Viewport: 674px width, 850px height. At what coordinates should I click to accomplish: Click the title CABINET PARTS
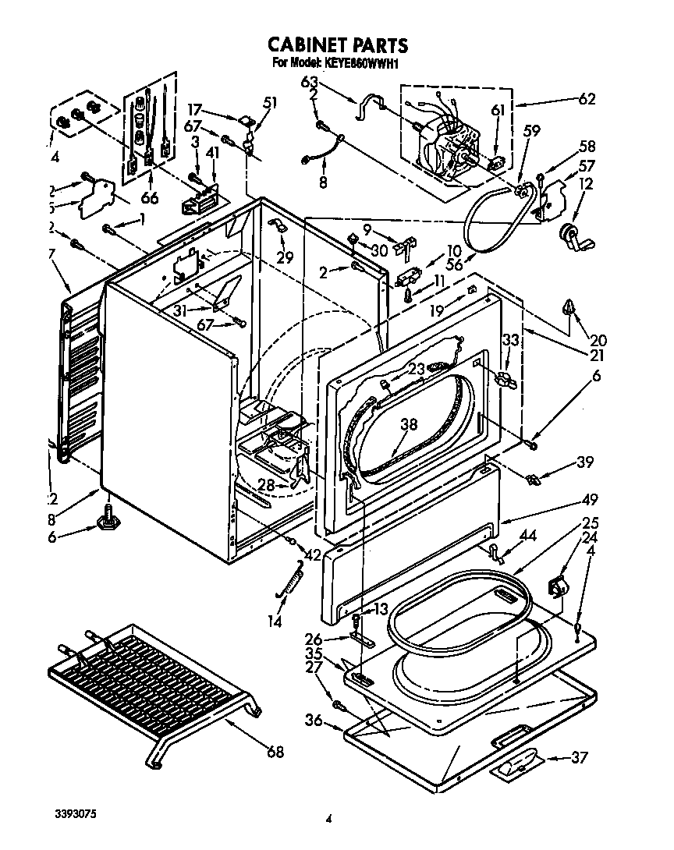[338, 44]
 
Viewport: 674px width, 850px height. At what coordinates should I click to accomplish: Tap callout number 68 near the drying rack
[274, 752]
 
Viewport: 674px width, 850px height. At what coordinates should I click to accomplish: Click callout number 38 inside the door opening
[409, 424]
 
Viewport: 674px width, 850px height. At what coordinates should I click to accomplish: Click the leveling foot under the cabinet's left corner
[105, 518]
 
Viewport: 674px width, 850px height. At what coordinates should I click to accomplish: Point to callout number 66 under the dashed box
[149, 198]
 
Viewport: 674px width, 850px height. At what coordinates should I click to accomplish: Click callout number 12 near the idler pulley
[586, 184]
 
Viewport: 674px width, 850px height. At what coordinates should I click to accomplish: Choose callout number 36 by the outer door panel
[313, 721]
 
